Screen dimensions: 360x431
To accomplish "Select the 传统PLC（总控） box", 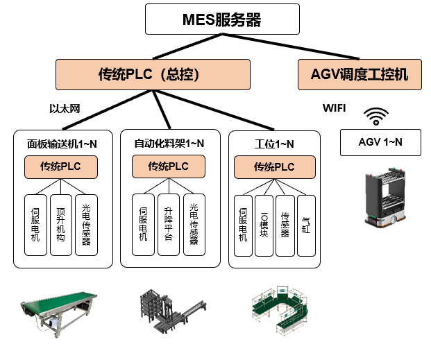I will (x=152, y=74).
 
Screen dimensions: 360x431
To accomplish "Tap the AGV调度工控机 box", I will (x=360, y=74).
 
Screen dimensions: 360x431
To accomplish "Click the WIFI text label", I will (x=334, y=108).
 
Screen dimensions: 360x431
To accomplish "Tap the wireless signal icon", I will (x=377, y=116).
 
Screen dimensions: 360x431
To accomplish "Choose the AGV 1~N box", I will (x=380, y=143).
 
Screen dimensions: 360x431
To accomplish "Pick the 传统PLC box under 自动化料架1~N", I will (x=168, y=166).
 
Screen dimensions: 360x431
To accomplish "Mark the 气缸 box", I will (x=306, y=223).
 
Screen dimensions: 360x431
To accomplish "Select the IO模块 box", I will (x=264, y=223).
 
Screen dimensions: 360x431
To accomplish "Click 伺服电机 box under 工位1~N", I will (x=243, y=223).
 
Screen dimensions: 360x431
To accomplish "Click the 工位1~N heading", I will (x=274, y=144).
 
